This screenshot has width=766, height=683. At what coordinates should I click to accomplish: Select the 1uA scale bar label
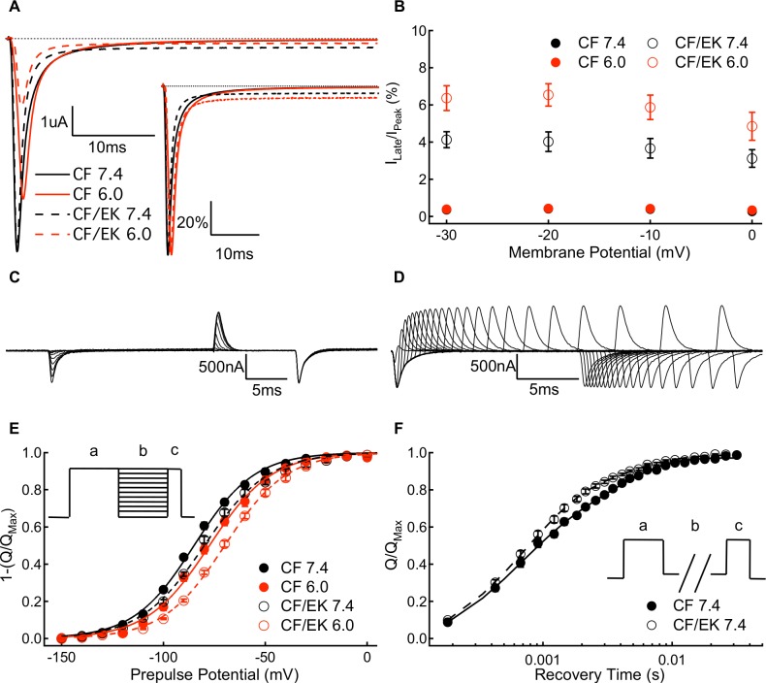pyautogui.click(x=54, y=124)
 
